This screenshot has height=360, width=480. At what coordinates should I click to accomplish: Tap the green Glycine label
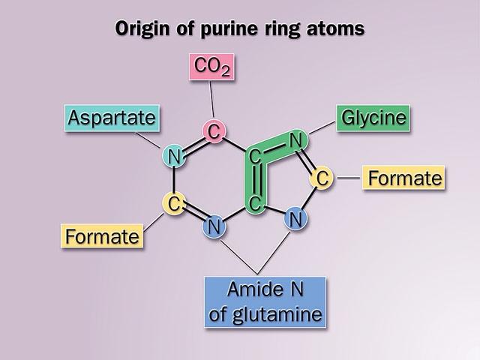click(x=373, y=118)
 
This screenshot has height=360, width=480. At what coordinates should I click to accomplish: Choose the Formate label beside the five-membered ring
click(x=401, y=178)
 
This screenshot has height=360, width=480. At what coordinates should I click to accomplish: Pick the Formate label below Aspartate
click(x=103, y=237)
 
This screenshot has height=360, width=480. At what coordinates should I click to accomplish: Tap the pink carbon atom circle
click(x=214, y=133)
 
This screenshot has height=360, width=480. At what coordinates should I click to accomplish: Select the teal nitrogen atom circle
click(x=173, y=157)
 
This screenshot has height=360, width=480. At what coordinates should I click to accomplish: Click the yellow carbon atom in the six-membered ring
click(x=173, y=202)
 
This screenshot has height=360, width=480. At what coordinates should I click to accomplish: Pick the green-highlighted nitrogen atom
click(x=295, y=139)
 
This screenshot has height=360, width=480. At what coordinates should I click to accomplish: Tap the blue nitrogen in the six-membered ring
click(x=214, y=224)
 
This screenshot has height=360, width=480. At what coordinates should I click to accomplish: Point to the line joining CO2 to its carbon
click(x=212, y=101)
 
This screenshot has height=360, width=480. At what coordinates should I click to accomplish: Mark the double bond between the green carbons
click(x=255, y=180)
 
